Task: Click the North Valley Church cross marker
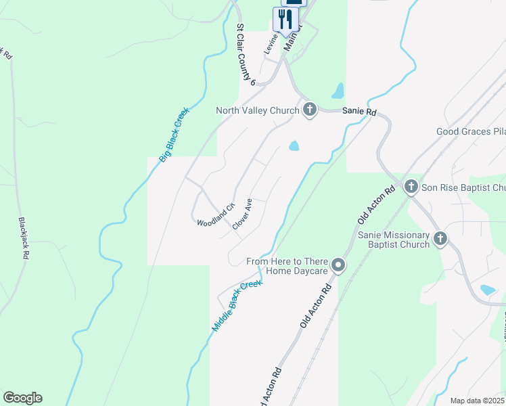pos(310,110)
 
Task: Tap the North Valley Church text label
pos(257,110)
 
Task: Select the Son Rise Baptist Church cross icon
pos(411,186)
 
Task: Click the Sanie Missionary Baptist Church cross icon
pos(440,238)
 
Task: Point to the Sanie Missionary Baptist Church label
pos(394,240)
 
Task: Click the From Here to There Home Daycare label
pos(287,266)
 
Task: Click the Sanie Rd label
pos(359,111)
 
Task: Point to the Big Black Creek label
pos(175,134)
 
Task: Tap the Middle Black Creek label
pos(236,306)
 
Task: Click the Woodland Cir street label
pos(215,214)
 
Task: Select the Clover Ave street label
pos(242,214)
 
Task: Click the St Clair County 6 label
pos(245,55)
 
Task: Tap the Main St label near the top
pos(292,41)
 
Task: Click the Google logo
pos(22,398)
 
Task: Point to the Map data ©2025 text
pos(477,401)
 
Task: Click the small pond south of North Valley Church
pos(294,145)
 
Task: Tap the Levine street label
pos(271,45)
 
